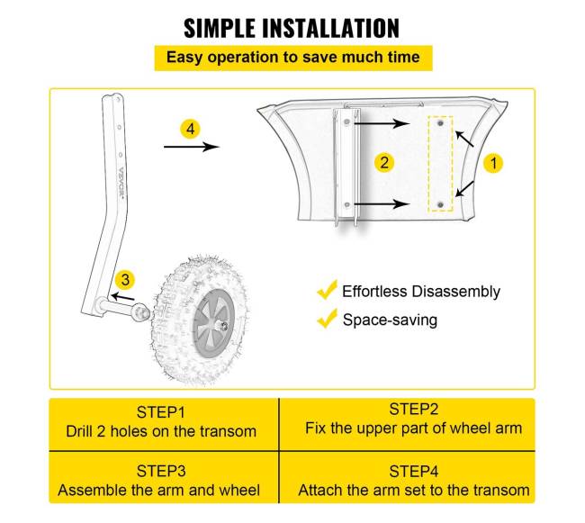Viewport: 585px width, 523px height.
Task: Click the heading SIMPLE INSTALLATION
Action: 292,28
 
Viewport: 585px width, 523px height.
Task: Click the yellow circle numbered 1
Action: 493,163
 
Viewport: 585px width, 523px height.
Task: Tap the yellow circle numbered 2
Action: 384,162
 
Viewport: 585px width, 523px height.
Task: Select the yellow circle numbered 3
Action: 125,280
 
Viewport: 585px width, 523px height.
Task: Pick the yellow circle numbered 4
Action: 190,129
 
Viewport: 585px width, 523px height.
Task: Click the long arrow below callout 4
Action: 192,147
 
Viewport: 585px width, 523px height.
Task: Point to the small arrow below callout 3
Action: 123,297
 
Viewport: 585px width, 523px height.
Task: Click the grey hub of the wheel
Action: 213,322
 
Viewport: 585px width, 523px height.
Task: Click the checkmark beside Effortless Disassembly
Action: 327,290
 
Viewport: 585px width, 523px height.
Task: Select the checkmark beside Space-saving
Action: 327,319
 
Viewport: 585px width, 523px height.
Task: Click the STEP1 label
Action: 161,412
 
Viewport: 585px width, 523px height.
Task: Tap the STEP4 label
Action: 413,471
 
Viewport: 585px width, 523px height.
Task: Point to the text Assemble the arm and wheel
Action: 159,491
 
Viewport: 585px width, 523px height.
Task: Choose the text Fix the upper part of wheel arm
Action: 413,428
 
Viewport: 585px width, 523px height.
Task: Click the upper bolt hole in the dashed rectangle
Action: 440,122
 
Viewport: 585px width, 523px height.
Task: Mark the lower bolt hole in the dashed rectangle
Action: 440,205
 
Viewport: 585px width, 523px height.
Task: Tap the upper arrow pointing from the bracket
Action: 382,123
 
